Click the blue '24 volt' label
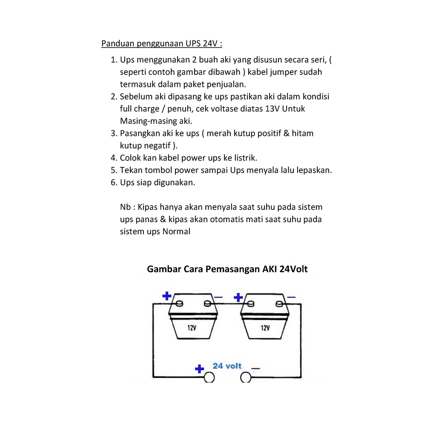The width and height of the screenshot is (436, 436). [227, 366]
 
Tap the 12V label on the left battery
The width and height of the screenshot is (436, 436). [192, 328]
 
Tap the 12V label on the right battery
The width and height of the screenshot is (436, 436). [265, 328]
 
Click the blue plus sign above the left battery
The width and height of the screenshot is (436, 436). [167, 295]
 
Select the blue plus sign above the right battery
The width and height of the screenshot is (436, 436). [238, 296]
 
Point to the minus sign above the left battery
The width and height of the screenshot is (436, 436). [218, 297]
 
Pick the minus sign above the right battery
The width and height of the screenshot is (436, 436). [291, 296]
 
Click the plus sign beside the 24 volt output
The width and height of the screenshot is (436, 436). [199, 369]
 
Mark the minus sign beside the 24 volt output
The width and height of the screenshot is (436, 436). [256, 368]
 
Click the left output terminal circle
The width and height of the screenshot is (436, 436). [209, 377]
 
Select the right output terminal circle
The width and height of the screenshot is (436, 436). [246, 377]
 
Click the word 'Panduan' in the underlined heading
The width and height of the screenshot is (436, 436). [116, 43]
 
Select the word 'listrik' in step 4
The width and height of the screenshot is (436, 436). [244, 158]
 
